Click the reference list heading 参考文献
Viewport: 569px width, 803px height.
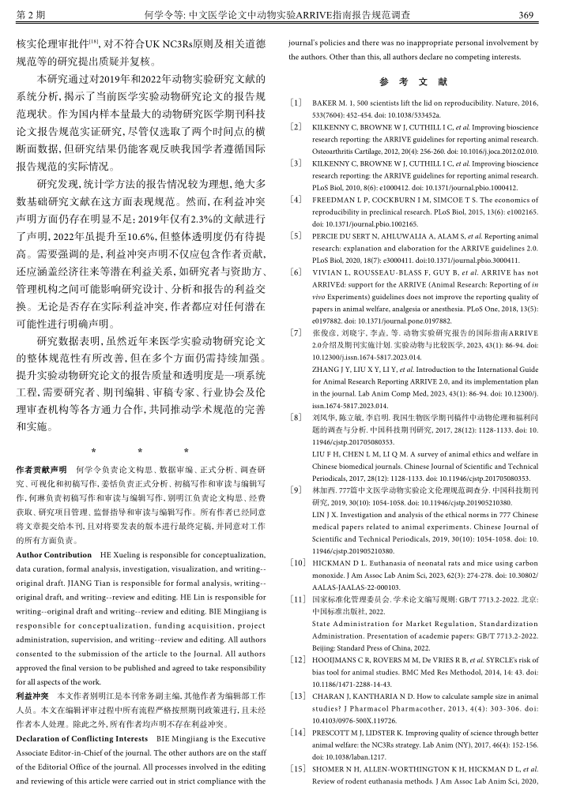(x=413, y=82)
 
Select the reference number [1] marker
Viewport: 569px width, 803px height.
(x=296, y=103)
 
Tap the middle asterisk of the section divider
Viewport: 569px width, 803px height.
(x=140, y=450)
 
